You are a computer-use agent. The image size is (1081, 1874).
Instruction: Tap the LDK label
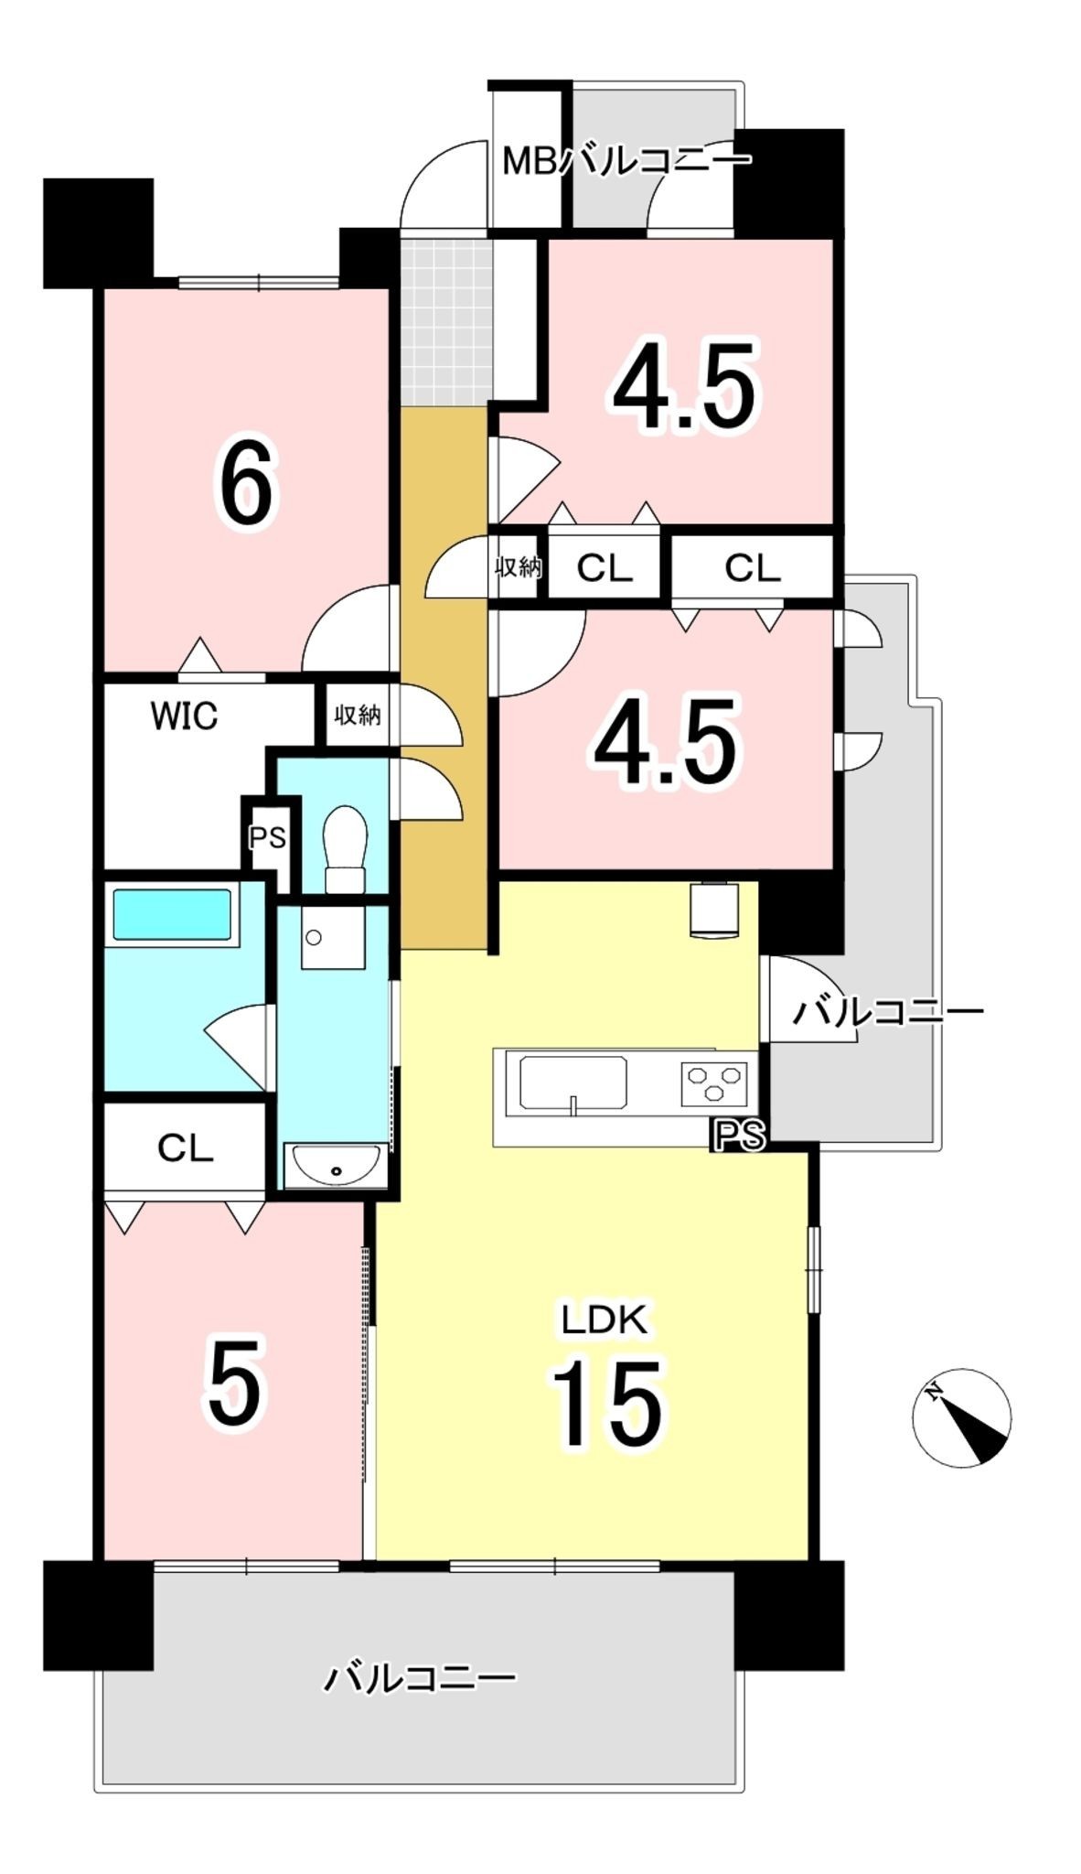(605, 1319)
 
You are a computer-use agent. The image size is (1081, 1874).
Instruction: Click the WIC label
(184, 716)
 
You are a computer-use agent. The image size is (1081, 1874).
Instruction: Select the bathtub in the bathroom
(171, 914)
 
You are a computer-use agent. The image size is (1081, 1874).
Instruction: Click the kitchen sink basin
(573, 1083)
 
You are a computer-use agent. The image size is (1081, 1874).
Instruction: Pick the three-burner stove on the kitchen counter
(713, 1083)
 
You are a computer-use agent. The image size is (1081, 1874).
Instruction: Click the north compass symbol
(962, 1418)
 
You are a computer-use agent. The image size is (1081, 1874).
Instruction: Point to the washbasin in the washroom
(333, 1165)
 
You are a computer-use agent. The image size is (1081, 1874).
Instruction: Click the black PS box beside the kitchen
(739, 1136)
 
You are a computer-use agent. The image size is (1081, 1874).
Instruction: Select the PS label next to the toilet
(268, 837)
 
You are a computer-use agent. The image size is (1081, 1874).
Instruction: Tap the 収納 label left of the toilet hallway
(357, 715)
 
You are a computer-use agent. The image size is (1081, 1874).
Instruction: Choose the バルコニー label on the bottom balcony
(421, 1677)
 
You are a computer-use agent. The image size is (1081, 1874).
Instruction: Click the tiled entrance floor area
(445, 323)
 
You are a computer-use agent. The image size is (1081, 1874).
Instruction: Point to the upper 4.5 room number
(685, 387)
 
